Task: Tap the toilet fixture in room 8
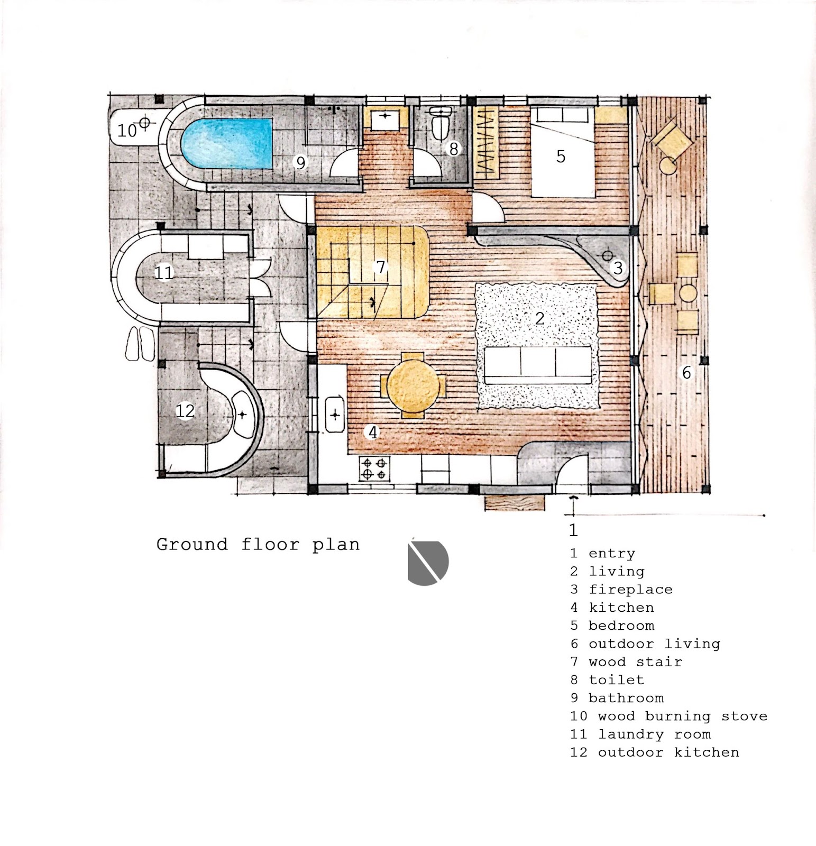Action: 440,123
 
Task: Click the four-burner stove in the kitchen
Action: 375,468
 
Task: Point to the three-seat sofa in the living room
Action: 538,365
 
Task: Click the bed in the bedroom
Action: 563,151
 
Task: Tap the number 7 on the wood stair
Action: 380,267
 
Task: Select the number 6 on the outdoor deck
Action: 686,373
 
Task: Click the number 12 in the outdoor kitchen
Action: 185,410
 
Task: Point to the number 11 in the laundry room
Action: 164,273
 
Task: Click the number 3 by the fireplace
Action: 618,268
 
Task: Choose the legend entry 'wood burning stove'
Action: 682,716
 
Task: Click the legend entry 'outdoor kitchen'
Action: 668,752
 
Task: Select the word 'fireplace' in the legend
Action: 630,590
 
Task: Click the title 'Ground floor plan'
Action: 258,545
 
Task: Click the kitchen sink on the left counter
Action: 335,415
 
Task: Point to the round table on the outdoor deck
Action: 688,293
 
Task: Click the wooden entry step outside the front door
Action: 515,502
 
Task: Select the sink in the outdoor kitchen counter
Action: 242,415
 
